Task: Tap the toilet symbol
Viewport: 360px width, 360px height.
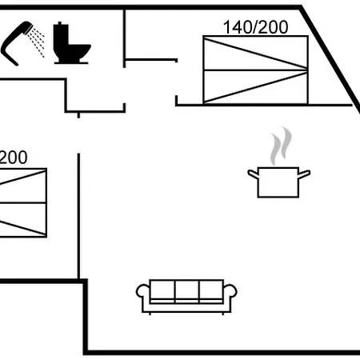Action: pos(71,43)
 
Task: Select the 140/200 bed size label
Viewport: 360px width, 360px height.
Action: pos(255,27)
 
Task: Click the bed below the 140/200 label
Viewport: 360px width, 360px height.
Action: pos(255,70)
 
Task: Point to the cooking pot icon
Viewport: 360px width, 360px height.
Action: pos(278,182)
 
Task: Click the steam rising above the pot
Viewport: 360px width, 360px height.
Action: pos(281,146)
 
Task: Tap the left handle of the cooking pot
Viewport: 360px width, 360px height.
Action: pos(253,174)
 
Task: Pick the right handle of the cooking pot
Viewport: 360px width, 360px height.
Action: pos(304,174)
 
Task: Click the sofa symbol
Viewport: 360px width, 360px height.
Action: pos(186,297)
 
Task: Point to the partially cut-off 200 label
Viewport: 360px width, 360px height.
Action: pos(14,158)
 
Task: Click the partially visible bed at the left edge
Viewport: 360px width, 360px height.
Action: pos(23,202)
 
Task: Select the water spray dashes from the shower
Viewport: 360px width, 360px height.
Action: pos(37,42)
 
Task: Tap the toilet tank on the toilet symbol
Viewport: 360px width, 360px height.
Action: pos(61,36)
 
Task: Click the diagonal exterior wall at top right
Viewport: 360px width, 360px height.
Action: pos(330,58)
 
